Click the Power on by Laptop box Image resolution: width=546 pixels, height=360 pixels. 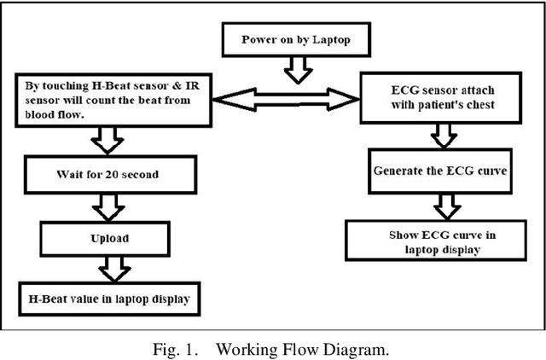click(294, 38)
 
